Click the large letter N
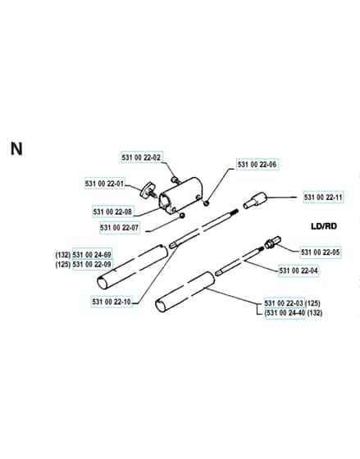tap(16, 148)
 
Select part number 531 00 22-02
tap(141, 157)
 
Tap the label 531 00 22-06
tap(257, 164)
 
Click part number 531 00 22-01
tap(105, 184)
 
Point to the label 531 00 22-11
tap(323, 197)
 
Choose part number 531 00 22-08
tap(112, 211)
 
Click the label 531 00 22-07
tap(119, 228)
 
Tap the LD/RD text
tap(324, 226)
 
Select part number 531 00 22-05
tap(321, 252)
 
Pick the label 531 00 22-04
tap(298, 270)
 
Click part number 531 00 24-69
tap(92, 255)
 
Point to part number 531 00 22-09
tap(92, 264)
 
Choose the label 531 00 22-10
tap(112, 302)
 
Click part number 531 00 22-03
tap(284, 303)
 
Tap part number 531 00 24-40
tap(286, 313)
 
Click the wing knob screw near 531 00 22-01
tap(148, 190)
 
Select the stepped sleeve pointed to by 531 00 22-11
tap(255, 200)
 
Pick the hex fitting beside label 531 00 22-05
tap(273, 243)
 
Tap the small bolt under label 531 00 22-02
tap(175, 180)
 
